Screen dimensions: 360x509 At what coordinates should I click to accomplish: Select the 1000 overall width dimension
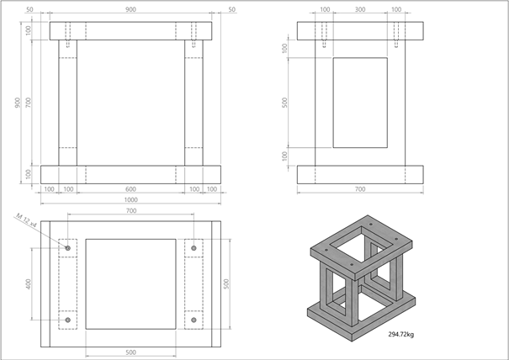(130, 200)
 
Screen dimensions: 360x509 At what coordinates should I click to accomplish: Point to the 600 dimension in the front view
(130, 189)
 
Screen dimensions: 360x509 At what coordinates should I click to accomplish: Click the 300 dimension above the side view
(360, 10)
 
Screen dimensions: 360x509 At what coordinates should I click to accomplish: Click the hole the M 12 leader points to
(68, 249)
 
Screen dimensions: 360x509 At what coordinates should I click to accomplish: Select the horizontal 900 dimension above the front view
(130, 10)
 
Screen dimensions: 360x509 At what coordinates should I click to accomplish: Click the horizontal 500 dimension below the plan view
(130, 352)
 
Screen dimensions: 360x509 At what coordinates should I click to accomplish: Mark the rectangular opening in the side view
(360, 102)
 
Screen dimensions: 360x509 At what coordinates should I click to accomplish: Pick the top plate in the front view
(130, 30)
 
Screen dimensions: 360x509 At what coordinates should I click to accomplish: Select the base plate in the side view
(360, 174)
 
